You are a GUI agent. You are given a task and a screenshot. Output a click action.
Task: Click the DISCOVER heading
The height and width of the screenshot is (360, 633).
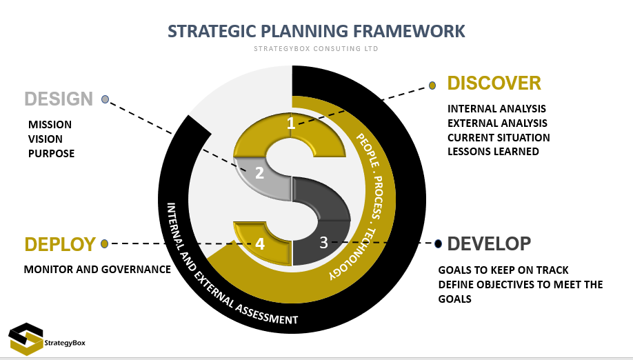coord(494,83)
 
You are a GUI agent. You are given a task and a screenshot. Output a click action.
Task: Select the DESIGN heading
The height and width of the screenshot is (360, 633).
coord(59,99)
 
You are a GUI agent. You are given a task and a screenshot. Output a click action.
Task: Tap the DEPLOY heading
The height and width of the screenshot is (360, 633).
coord(60,244)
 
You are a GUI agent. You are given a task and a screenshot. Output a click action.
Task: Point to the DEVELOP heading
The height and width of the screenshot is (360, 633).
coord(489,243)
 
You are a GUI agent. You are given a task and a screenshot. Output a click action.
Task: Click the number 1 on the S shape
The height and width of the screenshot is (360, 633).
coord(291,123)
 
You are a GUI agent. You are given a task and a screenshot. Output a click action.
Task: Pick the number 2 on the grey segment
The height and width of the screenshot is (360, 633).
coord(259,173)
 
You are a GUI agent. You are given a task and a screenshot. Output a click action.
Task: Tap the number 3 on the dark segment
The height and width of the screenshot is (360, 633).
coord(323,243)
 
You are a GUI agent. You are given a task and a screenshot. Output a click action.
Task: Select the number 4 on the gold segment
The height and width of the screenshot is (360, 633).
coord(260,243)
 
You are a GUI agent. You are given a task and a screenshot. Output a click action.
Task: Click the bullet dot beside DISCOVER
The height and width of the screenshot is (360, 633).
coord(432,86)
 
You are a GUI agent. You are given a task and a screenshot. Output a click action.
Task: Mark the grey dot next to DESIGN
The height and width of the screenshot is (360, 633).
coord(105,99)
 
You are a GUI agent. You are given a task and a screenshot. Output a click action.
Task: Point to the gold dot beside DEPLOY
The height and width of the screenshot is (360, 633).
coord(105,243)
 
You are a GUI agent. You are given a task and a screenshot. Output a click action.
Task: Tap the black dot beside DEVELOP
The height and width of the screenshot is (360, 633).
coord(438,243)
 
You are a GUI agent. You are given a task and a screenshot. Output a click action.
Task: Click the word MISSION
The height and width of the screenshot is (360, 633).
coord(50,125)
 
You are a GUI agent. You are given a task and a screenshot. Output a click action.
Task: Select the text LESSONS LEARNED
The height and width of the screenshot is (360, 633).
coord(493,151)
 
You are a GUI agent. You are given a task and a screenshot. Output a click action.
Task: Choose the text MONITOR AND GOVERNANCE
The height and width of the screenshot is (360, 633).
coord(97,269)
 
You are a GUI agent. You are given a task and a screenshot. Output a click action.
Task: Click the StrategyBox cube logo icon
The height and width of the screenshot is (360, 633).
coord(26,339)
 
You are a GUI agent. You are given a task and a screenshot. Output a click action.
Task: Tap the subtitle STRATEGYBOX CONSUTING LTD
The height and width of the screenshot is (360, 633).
coord(316,49)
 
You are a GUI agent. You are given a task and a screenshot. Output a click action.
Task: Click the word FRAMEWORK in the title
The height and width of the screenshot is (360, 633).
coord(409,31)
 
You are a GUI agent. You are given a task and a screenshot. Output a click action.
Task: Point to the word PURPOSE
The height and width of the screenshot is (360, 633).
coord(51,154)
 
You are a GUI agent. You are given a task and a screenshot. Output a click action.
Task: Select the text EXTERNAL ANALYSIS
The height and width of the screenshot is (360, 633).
coord(497,123)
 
